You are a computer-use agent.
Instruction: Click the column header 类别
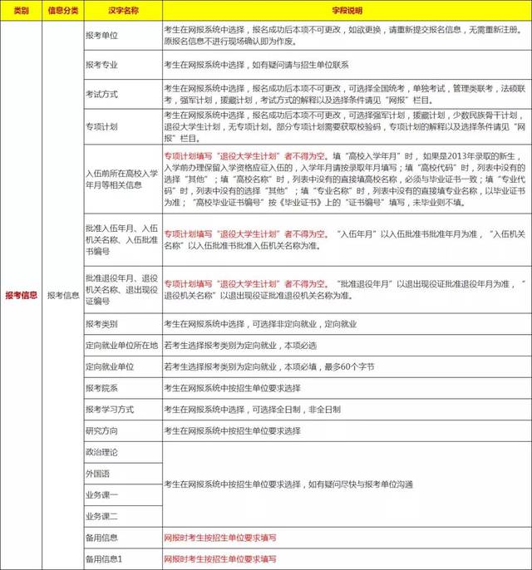point(21,11)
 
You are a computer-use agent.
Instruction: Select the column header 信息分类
point(63,11)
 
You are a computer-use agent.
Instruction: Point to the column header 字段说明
point(346,11)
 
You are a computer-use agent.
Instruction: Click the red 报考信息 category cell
point(21,294)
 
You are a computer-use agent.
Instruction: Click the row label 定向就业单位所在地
point(121,345)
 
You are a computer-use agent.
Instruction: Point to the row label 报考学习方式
point(109,410)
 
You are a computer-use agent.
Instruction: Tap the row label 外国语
point(97,474)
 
